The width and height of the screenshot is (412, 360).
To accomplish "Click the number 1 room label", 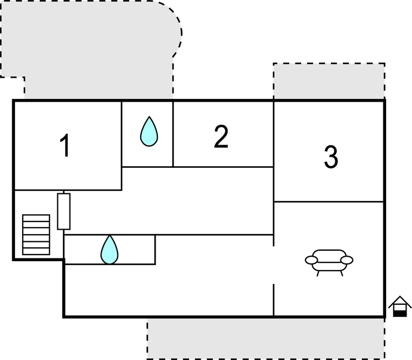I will [65, 146].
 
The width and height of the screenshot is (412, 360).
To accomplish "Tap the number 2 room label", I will [221, 137].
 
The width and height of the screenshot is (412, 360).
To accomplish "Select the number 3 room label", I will [330, 157].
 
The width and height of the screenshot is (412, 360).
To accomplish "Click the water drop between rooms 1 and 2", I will [148, 132].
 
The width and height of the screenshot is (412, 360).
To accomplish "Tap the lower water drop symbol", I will [109, 250].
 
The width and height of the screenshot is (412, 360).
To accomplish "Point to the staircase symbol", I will [36, 235].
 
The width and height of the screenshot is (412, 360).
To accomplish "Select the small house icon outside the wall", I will [400, 307].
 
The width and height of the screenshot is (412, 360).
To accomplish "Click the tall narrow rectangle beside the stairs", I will [64, 211].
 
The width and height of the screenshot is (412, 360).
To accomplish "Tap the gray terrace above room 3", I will [329, 82].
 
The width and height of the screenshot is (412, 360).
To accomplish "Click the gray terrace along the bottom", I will [265, 338].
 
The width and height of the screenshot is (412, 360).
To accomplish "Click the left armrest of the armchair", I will [311, 260].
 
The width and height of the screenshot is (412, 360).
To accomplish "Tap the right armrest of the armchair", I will [347, 260].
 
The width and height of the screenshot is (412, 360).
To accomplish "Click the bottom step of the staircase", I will [36, 251].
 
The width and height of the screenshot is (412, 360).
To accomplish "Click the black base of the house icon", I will [400, 313].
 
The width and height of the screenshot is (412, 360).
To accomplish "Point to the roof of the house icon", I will [400, 301].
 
